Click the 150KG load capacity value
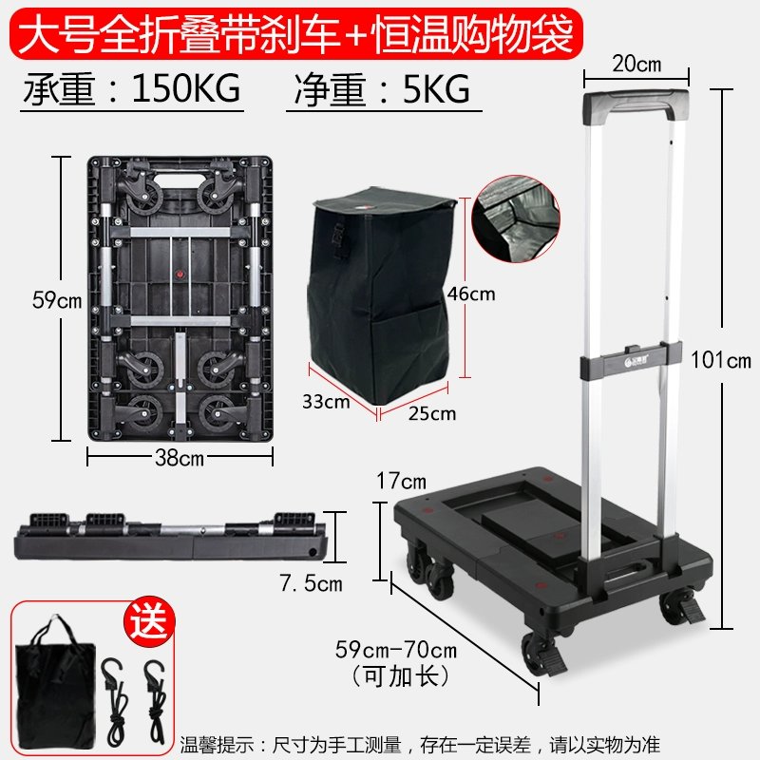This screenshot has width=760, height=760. coord(185,88)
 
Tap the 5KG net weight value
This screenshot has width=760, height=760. coord(436,89)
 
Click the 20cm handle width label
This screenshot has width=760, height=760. coord(636,64)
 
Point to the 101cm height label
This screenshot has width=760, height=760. coord(721,360)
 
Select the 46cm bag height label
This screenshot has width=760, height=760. coord(471,294)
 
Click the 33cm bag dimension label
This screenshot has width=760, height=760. coord(326,401)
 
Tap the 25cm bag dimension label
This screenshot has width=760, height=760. coord(432,413)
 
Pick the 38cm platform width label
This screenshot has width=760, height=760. coord(180,458)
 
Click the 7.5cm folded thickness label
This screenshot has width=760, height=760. coord(311,583)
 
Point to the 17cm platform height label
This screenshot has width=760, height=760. coord(401,481)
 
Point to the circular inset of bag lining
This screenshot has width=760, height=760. coord(516,219)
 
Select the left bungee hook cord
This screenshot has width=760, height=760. coord(115,699)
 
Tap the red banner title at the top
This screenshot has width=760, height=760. coord(295,33)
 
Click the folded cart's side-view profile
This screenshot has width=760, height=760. coord(171,536)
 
